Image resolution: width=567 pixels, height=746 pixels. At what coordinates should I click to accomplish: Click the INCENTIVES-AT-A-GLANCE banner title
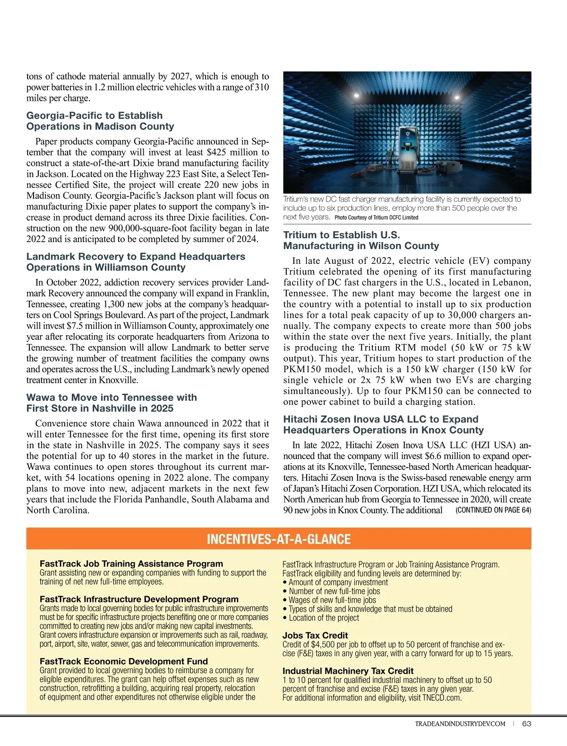(x=279, y=539)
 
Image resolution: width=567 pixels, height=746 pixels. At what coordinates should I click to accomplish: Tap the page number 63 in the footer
(x=527, y=724)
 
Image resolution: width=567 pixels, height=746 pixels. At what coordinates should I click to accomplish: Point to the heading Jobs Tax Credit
(x=315, y=635)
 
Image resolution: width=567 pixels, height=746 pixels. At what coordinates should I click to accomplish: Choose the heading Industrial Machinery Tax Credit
(x=348, y=671)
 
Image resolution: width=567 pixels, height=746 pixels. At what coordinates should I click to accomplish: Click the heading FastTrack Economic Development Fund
(x=124, y=661)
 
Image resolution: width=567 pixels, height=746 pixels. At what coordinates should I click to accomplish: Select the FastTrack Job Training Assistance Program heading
(x=131, y=564)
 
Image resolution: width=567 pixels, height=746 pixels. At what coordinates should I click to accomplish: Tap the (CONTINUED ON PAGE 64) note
(x=493, y=510)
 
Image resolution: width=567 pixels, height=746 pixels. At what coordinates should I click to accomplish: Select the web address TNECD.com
(x=441, y=698)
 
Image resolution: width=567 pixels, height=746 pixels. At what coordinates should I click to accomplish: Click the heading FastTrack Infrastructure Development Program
(x=139, y=599)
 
